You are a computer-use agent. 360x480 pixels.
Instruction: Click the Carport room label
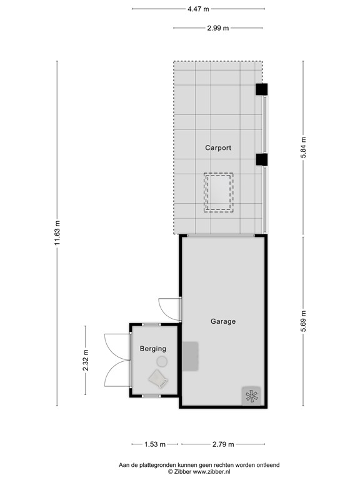pos(218,148)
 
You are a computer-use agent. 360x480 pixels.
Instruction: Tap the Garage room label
pos(222,321)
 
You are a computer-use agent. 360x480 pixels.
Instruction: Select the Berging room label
pos(152,349)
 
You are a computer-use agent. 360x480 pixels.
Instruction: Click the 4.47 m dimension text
pos(198,9)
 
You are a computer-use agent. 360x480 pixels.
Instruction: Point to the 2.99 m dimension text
pos(217,27)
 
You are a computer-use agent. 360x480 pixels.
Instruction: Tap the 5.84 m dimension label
pos(304,148)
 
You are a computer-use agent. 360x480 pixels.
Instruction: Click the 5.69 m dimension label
pos(304,322)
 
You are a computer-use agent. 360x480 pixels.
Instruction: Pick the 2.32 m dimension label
pos(86,360)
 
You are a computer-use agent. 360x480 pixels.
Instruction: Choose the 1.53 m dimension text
pos(155,444)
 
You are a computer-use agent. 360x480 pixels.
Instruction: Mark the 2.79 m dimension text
pos(222,444)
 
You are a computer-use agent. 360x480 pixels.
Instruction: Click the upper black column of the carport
pos(261,89)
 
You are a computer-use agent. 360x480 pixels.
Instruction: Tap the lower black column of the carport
pos(261,159)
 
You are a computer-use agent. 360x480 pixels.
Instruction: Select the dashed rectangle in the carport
pos(219,192)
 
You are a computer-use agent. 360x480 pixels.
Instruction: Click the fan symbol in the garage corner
pos(251,396)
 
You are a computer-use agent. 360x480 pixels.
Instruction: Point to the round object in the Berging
pos(162,361)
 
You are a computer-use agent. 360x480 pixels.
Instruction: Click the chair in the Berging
pos(157,378)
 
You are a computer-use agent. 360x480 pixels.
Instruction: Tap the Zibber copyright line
pos(199,472)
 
